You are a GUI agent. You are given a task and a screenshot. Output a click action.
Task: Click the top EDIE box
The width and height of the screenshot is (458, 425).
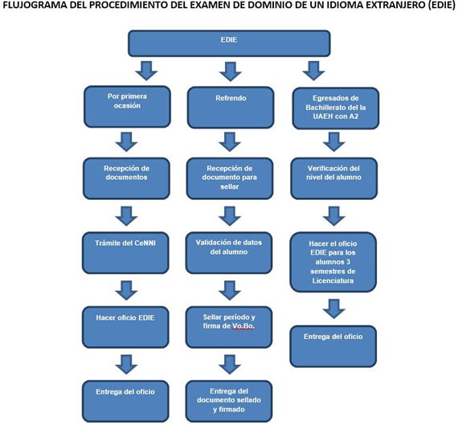[229, 43]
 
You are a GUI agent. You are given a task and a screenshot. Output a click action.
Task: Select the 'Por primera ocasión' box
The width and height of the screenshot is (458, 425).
[127, 107]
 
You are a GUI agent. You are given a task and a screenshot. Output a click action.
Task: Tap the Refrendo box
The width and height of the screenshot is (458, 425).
[231, 108]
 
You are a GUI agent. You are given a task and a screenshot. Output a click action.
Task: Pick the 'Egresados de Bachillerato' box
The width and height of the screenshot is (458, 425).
[336, 108]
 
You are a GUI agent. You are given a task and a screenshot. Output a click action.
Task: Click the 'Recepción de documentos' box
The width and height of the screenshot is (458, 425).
[126, 178]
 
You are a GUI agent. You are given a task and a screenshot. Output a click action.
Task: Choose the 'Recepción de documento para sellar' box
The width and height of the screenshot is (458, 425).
[230, 178]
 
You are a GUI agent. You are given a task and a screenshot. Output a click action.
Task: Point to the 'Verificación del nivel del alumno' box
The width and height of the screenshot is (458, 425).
[334, 178]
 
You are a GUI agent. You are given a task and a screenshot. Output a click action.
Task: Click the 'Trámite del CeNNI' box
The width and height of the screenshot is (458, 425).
[125, 253]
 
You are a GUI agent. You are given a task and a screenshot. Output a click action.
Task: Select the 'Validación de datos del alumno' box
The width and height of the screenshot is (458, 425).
[229, 253]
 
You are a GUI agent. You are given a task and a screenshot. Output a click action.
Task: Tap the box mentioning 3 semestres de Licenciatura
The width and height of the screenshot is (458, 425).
[333, 262]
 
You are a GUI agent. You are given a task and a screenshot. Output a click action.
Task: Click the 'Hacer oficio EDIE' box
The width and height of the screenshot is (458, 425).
[125, 327]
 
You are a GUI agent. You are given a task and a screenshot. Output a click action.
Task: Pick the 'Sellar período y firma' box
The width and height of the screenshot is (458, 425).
[229, 327]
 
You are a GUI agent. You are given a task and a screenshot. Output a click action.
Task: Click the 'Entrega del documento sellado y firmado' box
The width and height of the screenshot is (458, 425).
[229, 402]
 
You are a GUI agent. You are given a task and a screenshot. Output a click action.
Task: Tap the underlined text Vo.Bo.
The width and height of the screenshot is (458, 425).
[243, 326]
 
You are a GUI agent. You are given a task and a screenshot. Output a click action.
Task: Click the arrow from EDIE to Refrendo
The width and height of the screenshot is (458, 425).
[231, 71]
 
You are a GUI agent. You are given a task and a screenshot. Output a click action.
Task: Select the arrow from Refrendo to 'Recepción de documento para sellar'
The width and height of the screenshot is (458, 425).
[230, 142]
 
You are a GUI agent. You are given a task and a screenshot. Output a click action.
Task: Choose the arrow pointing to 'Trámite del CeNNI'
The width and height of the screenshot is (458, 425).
[126, 216]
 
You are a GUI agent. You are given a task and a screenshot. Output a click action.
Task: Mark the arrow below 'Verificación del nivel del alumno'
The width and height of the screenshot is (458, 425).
[334, 216]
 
